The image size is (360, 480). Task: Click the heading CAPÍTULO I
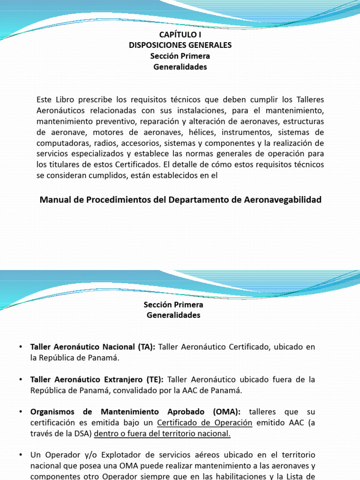pos(180,35)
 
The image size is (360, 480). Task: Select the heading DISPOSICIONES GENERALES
pos(180,45)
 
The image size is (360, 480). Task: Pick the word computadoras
pos(60,143)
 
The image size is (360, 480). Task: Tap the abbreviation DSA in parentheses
pos(82,434)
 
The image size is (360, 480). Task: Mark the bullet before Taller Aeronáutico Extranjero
pos(21,380)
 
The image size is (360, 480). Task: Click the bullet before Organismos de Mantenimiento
pos(21,412)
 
